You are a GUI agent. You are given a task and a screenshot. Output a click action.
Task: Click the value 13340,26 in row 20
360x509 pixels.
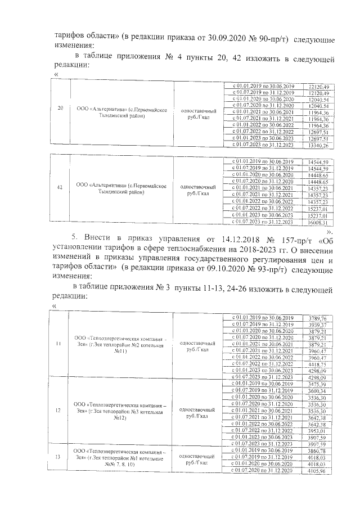(318, 146)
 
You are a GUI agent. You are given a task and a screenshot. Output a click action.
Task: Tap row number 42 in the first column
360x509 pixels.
(60, 188)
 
